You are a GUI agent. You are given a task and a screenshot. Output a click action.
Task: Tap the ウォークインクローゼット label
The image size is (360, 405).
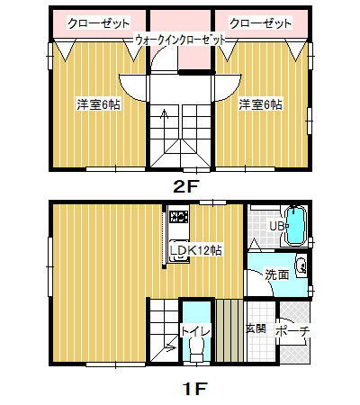coord(179,40)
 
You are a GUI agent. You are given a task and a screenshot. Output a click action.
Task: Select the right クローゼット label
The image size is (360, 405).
coord(260,22)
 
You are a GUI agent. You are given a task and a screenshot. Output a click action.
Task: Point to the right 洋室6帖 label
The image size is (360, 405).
coord(260,104)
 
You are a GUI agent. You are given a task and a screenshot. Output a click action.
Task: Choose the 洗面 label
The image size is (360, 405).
coord(277,274)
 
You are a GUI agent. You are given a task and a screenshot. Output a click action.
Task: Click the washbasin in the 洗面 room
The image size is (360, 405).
coord(301,266)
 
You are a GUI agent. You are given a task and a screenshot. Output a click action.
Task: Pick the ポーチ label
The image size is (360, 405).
coord(292,331)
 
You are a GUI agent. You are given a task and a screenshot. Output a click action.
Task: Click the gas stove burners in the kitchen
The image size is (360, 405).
coord(176,216)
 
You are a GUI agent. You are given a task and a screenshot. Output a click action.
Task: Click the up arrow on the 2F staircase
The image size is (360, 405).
coord(163,113)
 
